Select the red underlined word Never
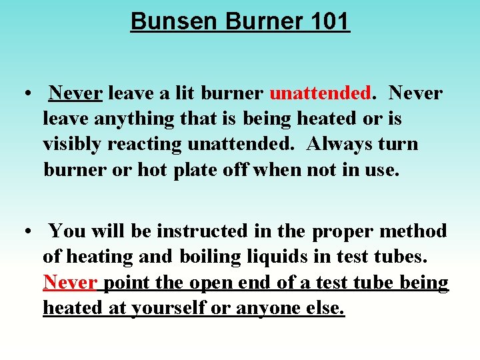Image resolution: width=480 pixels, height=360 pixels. [69, 283]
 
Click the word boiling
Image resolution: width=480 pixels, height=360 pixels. [202, 257]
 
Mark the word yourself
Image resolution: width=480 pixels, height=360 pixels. [171, 309]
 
